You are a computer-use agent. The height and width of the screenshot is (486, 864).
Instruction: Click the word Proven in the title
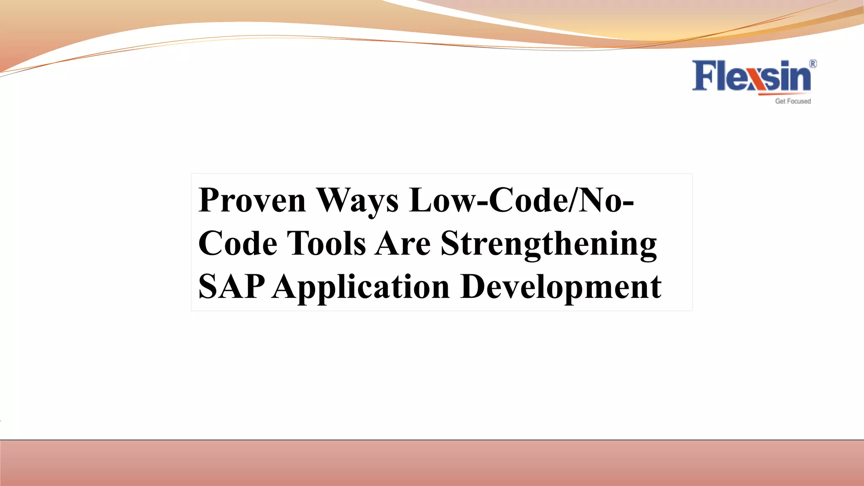tap(252, 200)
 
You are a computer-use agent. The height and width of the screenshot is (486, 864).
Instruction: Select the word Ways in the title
tap(357, 201)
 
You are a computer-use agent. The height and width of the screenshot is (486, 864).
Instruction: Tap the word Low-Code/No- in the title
tap(521, 200)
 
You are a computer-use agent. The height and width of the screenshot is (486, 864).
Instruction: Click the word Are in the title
tap(403, 243)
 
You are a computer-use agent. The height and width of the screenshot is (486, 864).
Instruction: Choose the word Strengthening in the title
tap(548, 244)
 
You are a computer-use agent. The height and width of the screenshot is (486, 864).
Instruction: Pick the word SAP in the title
tap(231, 286)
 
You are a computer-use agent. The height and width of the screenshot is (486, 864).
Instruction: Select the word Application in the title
tap(361, 287)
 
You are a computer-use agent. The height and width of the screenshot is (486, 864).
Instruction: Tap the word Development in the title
tap(561, 287)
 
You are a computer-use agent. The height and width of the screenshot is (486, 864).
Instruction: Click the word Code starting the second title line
tap(238, 243)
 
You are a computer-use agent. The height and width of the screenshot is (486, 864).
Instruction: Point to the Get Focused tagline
tap(793, 101)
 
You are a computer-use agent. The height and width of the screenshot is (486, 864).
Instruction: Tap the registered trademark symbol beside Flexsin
tap(813, 64)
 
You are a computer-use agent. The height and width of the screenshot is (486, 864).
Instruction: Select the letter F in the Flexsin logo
tap(702, 76)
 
